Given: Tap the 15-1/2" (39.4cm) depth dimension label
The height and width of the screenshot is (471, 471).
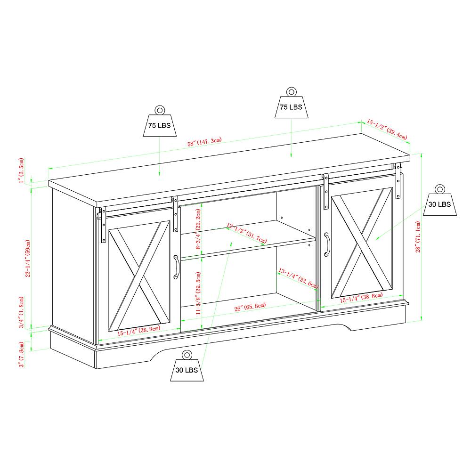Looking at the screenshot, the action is coord(387,129).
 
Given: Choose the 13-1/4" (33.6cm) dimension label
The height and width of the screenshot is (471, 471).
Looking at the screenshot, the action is coord(299,277).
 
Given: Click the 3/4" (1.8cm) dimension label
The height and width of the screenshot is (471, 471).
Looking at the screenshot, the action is coord(21,312).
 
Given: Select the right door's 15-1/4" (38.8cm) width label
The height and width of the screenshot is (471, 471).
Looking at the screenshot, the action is coord(361,297).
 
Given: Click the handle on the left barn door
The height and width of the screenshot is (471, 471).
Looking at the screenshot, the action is coord(176,267).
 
